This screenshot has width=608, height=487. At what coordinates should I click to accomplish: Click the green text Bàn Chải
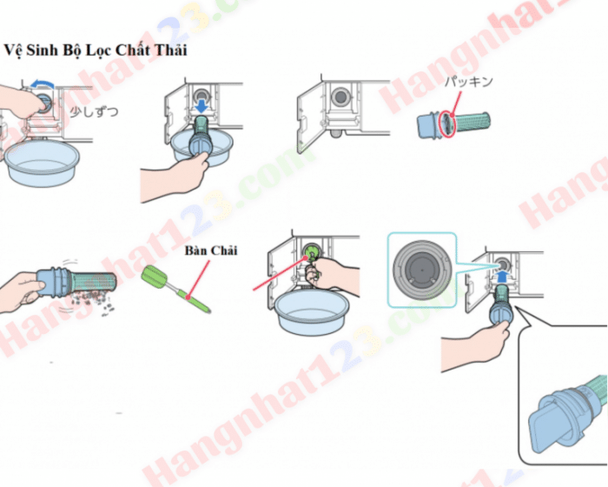(210, 251)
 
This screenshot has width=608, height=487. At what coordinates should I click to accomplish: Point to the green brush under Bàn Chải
(174, 285)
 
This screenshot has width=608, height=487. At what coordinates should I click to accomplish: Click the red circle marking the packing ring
(447, 123)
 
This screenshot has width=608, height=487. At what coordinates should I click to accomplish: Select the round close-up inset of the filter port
(420, 265)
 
